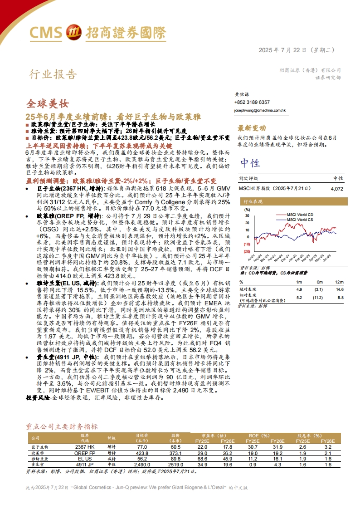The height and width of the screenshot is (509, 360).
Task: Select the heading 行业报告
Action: coord(53,74)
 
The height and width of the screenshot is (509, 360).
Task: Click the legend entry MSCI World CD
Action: coord(301,214)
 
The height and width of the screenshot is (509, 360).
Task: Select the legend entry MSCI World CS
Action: coord(301,220)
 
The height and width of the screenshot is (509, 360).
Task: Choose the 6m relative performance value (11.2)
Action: coord(318,298)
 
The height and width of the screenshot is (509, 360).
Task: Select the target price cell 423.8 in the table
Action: coord(142,453)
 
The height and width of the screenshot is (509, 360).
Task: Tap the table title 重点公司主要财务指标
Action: coord(62,426)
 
